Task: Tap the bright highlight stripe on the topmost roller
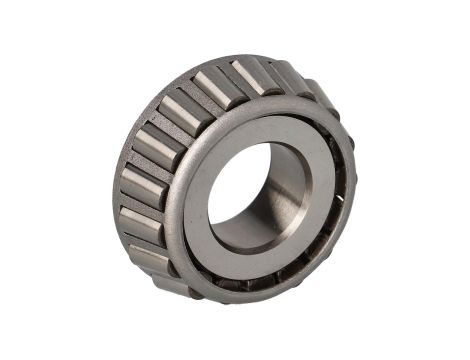(x=246, y=74)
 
